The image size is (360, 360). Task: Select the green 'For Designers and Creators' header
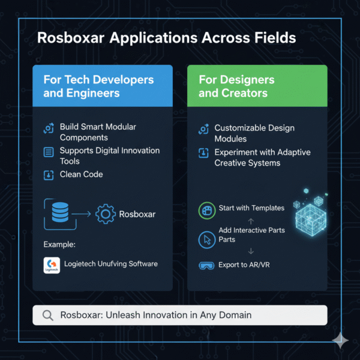(257, 86)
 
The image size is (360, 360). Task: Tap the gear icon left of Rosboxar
(106, 214)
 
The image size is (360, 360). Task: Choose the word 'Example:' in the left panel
(59, 244)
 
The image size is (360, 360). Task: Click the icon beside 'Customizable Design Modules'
(204, 129)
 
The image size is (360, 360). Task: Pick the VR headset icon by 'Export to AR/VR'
(206, 265)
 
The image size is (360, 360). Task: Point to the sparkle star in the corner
(340, 341)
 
